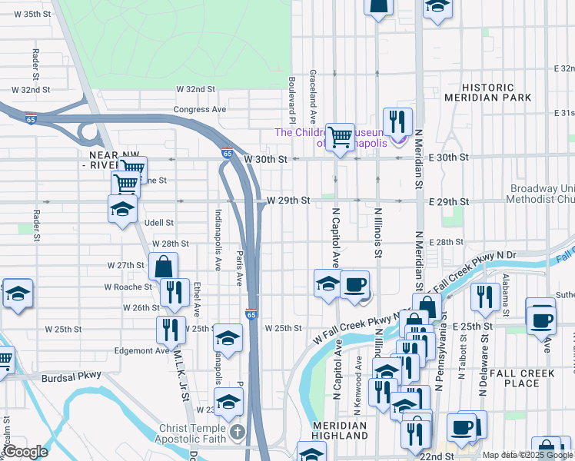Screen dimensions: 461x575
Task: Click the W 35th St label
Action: click(x=22, y=15)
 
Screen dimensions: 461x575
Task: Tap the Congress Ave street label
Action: click(x=200, y=109)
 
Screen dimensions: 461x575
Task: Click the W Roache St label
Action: click(x=128, y=287)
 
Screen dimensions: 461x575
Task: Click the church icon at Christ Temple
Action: click(x=237, y=432)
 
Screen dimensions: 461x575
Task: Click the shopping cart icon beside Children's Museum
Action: click(x=340, y=137)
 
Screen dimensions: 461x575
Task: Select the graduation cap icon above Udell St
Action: click(x=122, y=208)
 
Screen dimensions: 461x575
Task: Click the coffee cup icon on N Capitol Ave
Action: click(x=354, y=284)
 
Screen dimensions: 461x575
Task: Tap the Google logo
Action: click(x=25, y=453)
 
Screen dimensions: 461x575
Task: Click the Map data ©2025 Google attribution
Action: click(x=528, y=455)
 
